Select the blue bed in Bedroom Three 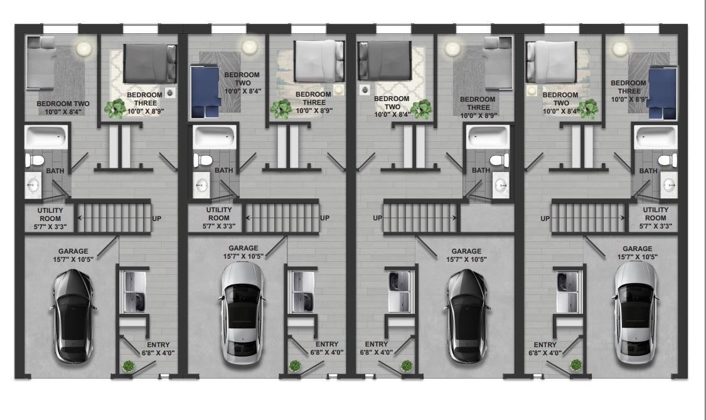pos(662,92)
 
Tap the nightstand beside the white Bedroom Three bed pos(340,90)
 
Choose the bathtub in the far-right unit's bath pos(655,136)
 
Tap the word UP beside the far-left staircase pos(158,218)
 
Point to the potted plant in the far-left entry pos(128,365)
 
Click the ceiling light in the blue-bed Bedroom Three pos(620,48)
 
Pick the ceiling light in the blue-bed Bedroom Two pos(250,47)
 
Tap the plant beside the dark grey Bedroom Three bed pos(117,109)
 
